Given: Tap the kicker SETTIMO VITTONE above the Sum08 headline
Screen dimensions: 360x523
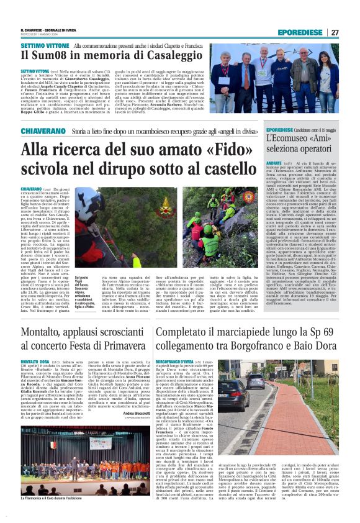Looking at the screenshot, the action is [x=43, y=47].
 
